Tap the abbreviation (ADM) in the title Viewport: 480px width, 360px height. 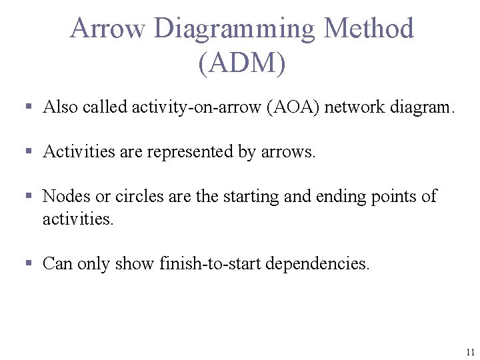241,63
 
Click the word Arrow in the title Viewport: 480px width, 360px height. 107,29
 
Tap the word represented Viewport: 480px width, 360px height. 191,152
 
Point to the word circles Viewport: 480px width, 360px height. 137,197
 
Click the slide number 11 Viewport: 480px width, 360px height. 471,352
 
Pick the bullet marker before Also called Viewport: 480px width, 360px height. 29,107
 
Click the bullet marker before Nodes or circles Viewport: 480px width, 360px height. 29,196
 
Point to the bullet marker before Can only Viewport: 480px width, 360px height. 29,263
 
